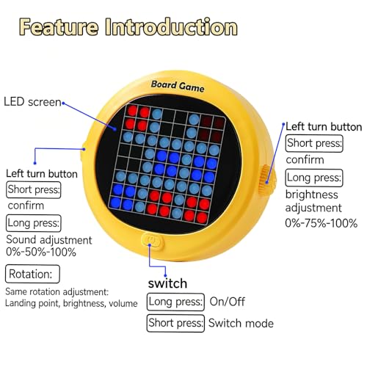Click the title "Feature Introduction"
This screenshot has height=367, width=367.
128,27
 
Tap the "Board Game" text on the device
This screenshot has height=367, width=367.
178,87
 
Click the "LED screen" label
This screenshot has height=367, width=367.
32,102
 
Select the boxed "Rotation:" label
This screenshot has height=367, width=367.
32,274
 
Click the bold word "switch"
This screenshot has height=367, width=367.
167,283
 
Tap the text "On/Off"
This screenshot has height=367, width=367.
227,302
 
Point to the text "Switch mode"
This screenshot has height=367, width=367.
241,323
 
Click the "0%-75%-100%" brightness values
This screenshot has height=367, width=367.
321,223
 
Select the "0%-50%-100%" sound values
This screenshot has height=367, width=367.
41,252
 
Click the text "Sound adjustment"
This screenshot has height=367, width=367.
49,240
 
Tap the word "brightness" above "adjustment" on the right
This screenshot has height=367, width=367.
311,195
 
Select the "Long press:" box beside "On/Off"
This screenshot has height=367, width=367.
175,302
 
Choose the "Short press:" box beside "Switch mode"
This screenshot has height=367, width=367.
175,323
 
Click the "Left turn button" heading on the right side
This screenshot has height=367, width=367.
324,127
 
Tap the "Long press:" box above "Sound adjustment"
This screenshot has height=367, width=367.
34,223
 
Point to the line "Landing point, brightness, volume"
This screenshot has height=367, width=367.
71,303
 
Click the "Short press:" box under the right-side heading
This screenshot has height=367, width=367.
314,143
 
